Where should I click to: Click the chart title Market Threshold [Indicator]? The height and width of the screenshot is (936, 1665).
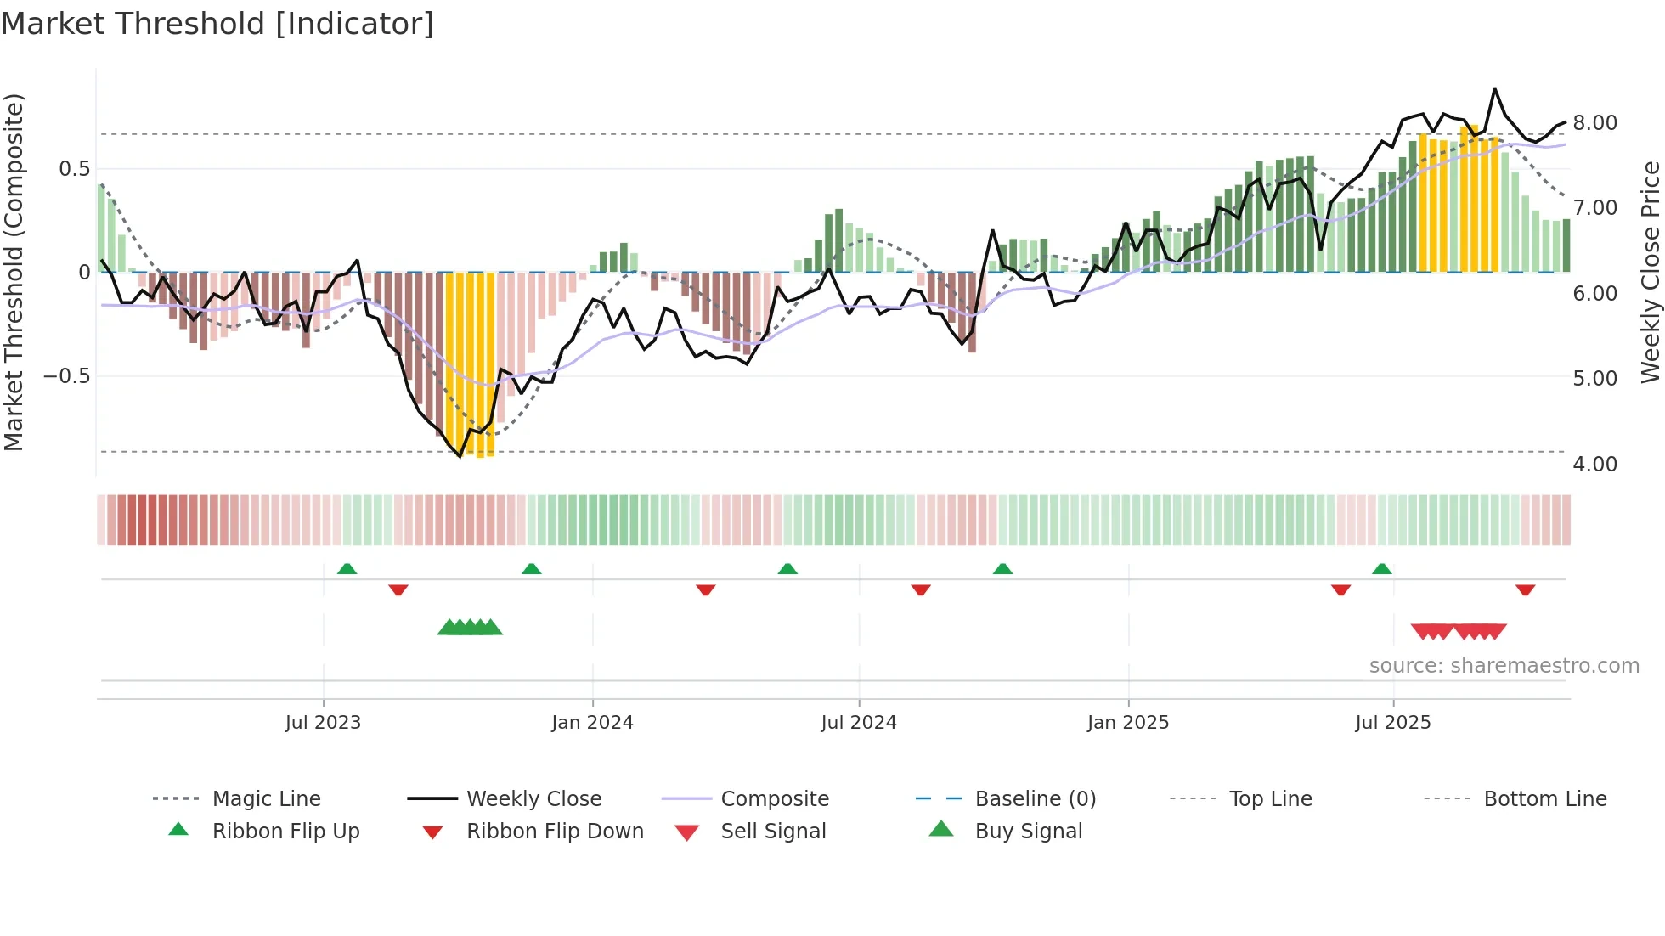click(x=217, y=24)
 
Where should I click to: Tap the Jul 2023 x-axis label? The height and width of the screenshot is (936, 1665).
click(x=323, y=722)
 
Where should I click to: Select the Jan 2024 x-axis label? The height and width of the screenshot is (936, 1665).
click(x=592, y=722)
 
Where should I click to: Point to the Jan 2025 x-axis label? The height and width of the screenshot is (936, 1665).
click(x=1128, y=722)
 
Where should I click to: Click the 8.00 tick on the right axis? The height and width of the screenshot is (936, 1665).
click(x=1594, y=123)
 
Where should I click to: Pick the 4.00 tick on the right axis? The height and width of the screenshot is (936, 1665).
click(x=1594, y=464)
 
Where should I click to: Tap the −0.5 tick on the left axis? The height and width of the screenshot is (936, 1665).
click(x=67, y=376)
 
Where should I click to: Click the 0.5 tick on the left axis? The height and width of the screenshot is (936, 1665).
click(x=74, y=169)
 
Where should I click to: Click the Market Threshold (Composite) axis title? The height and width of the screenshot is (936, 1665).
click(x=14, y=272)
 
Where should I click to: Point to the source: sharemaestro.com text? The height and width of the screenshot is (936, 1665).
click(x=1504, y=666)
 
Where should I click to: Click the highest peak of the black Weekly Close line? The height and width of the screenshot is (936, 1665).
click(x=1495, y=89)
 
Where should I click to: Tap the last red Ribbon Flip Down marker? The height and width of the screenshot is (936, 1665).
click(x=1525, y=589)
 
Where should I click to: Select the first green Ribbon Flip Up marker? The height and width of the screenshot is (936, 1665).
click(x=347, y=569)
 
